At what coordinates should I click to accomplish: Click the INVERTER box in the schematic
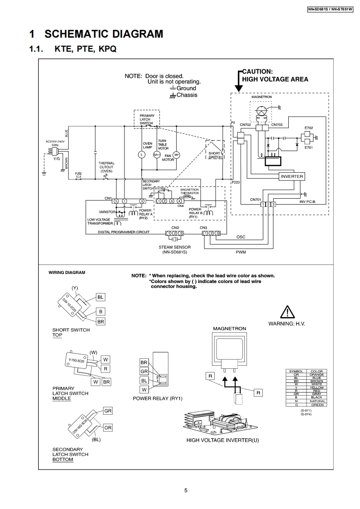pyautogui.click(x=292, y=176)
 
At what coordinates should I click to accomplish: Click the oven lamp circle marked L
pyautogui.click(x=141, y=155)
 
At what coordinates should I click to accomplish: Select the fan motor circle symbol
pyautogui.click(x=178, y=155)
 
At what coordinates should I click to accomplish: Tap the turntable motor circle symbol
pyautogui.click(x=157, y=155)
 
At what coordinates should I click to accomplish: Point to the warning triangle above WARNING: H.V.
pyautogui.click(x=287, y=313)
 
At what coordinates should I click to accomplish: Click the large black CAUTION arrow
pyautogui.click(x=237, y=81)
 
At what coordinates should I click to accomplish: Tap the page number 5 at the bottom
pyautogui.click(x=186, y=490)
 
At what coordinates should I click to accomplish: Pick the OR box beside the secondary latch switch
pyautogui.click(x=108, y=427)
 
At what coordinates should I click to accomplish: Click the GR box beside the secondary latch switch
pyautogui.click(x=108, y=411)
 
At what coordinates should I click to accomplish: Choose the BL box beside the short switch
pyautogui.click(x=101, y=297)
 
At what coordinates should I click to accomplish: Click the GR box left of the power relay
pyautogui.click(x=144, y=372)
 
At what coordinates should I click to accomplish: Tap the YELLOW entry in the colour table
pyautogui.click(x=316, y=387)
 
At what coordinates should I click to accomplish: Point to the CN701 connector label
pyautogui.click(x=256, y=200)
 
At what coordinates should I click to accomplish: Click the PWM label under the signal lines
pyautogui.click(x=241, y=252)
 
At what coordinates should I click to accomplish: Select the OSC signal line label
pyautogui.click(x=241, y=237)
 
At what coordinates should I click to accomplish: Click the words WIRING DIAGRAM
pyautogui.click(x=67, y=273)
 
